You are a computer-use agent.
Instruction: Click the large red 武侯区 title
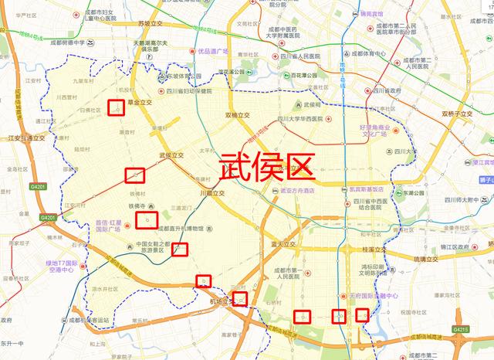click(x=268, y=165)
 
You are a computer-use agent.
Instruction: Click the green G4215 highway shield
click(x=462, y=330)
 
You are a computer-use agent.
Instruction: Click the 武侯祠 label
click(x=312, y=104)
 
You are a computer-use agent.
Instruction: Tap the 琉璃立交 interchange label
click(x=430, y=260)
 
